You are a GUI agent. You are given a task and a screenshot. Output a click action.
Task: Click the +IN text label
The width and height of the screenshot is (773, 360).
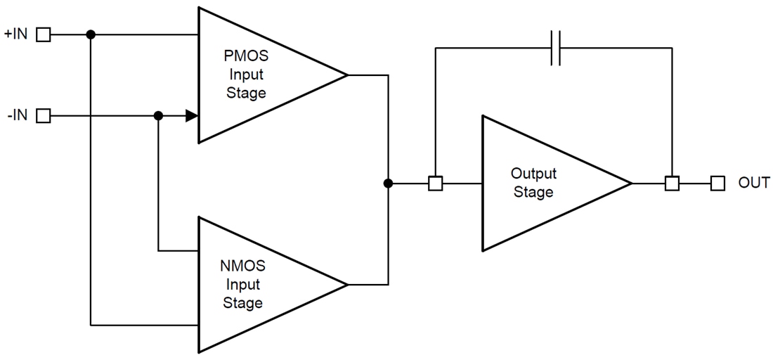coord(15,34)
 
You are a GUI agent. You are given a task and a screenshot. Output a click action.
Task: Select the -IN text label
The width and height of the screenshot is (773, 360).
coord(17,115)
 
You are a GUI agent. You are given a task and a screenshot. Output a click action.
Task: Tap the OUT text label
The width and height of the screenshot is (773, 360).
coord(754,184)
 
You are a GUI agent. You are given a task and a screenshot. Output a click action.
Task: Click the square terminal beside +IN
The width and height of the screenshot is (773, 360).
coord(44,34)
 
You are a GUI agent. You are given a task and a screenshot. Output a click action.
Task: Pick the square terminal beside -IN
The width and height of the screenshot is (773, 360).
coord(44,116)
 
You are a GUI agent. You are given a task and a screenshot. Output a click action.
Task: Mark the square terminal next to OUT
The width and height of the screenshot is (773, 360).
coord(717,184)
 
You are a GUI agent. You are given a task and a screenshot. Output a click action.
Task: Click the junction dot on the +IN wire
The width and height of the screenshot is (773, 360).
coord(90,34)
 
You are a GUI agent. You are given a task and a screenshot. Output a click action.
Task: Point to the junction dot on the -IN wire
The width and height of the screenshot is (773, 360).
coord(159,116)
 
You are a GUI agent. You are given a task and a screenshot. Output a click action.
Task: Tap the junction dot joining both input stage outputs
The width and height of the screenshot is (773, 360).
coord(388,184)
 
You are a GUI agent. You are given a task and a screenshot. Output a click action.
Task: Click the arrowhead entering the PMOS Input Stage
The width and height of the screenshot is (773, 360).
coord(191,116)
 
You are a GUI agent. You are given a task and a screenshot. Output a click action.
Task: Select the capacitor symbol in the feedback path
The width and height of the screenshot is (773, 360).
coord(555,49)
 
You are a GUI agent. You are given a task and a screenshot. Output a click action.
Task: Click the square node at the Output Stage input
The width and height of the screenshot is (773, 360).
coord(435,184)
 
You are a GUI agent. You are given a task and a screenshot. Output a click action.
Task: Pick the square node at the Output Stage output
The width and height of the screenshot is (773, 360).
coord(672,184)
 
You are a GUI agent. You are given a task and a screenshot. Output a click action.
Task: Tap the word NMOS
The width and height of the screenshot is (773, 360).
coord(242,266)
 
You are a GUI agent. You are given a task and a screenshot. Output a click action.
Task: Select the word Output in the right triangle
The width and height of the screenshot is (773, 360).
coord(533,174)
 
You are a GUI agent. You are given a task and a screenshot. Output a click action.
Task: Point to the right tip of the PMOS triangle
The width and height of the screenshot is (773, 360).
coord(348,75)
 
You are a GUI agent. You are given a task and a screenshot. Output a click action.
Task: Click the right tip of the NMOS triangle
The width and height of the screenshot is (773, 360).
coord(348,285)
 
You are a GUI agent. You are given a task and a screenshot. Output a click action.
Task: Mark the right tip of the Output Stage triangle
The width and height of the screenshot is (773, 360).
coord(632,184)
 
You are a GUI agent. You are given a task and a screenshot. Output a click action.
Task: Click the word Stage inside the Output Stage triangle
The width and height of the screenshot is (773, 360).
coord(533,192)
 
